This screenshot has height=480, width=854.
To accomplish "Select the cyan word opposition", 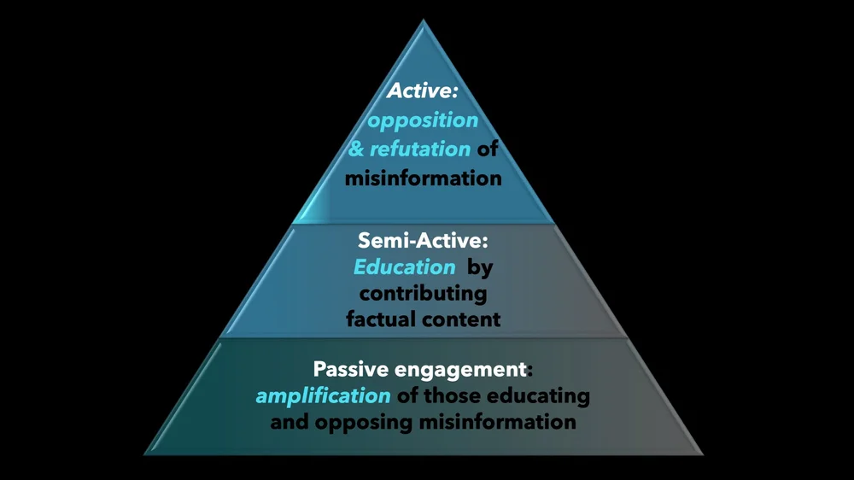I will (423, 120).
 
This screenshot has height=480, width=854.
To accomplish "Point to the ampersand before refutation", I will (356, 149).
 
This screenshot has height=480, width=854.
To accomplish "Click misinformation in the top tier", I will (423, 178).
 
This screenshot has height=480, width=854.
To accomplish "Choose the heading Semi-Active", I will (423, 241).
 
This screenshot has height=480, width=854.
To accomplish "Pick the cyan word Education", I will (405, 266).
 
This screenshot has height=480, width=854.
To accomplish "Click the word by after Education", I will (481, 266).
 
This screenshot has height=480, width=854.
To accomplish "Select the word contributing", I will (423, 293).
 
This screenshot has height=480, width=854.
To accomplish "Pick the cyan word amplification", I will (323, 396).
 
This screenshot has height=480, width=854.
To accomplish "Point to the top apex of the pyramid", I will (424, 19).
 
